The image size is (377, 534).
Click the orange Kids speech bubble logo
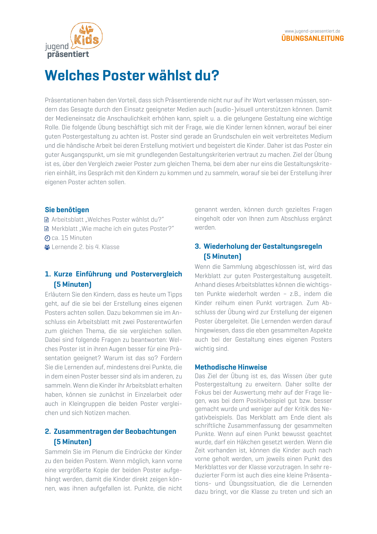[86, 36]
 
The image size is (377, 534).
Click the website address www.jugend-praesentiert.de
[312, 31]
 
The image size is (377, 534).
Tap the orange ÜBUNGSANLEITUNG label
[313, 38]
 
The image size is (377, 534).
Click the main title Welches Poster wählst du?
[132, 76]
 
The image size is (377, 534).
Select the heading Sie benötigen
[67, 210]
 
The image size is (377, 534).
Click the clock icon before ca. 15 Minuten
[47, 238]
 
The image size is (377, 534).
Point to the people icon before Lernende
[47, 247]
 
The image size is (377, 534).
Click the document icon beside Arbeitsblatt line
[47, 220]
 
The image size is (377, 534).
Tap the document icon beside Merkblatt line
[47, 229]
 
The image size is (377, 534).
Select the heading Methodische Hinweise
[231, 367]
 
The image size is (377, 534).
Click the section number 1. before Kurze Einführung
[48, 274]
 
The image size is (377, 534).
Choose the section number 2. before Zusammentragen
[48, 431]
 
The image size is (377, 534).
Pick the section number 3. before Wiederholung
[198, 246]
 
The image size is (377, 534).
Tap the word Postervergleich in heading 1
[156, 274]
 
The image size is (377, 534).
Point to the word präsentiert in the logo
[68, 54]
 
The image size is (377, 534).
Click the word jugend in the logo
[57, 47]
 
